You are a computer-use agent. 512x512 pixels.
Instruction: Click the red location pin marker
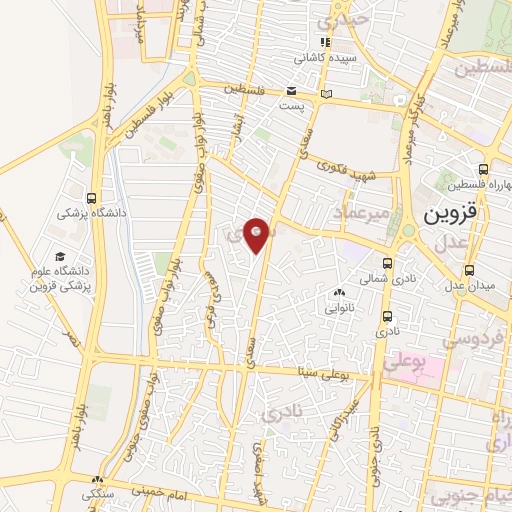[x=257, y=234]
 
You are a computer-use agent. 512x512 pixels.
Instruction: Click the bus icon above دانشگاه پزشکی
[x=92, y=197]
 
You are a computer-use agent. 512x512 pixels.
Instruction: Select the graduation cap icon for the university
[x=59, y=258]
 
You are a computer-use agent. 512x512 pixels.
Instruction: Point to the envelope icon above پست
[x=290, y=91]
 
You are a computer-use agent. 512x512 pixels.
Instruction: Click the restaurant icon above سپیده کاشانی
[x=324, y=42]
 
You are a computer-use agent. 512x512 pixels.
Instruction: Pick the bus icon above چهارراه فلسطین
[x=484, y=169]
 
